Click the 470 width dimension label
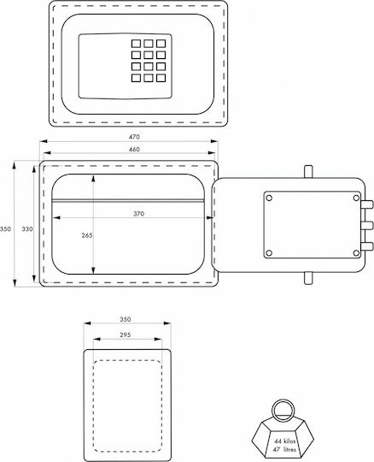(x=134, y=137)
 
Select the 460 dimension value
(x=134, y=150)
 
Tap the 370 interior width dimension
(x=139, y=214)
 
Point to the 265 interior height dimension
(x=87, y=235)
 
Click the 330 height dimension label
(x=27, y=228)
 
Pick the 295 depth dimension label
(x=126, y=335)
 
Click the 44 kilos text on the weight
(x=285, y=441)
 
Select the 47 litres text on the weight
(x=284, y=449)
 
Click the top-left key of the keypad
(x=136, y=44)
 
